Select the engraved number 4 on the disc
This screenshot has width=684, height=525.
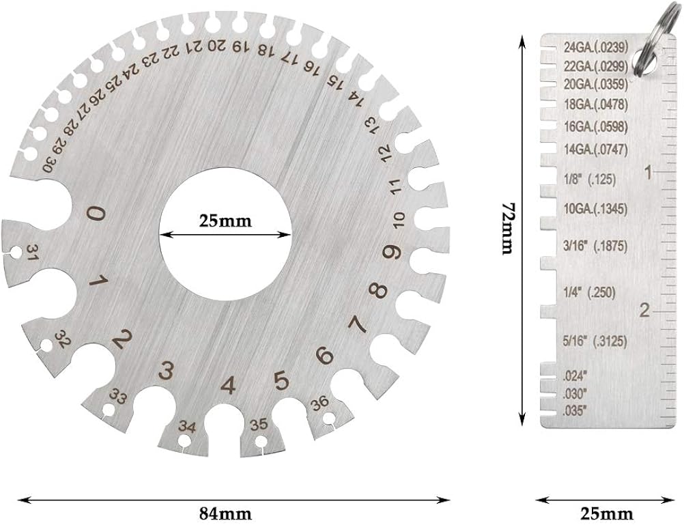point(228,386)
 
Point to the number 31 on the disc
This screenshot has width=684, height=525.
point(32,253)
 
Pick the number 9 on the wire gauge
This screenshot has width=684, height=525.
point(391,252)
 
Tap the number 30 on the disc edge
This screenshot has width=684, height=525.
point(49,164)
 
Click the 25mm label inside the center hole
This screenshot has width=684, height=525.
point(225,221)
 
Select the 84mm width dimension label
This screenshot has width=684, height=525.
point(225,511)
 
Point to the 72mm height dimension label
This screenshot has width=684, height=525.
point(507,228)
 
